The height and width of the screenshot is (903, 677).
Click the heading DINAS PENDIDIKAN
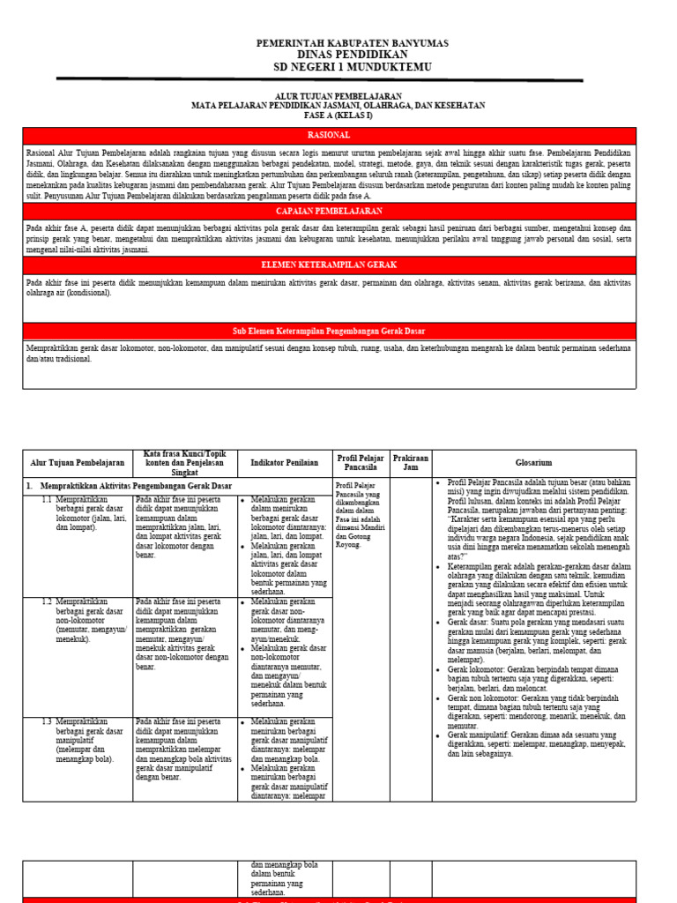coord(351,55)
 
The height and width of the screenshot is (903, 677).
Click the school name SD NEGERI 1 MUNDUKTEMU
coord(351,67)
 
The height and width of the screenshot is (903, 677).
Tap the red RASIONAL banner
coord(328,135)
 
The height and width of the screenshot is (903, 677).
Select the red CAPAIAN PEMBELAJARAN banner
coord(328,212)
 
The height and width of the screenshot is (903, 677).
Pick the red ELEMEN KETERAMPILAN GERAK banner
coord(328,265)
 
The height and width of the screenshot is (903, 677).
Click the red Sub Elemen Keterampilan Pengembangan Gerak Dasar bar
coord(328,331)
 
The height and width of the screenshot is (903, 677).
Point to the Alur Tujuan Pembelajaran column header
coord(78,462)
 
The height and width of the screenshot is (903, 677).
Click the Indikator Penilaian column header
coord(283,462)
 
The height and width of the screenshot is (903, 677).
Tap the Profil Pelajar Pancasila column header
coord(360,462)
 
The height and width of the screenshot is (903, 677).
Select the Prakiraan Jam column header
coord(411,462)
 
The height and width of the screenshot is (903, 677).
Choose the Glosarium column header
coord(533,462)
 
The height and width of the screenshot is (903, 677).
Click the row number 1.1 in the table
coord(48,500)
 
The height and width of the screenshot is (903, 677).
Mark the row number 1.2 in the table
coord(48,601)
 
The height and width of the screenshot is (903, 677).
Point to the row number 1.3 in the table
coord(48,722)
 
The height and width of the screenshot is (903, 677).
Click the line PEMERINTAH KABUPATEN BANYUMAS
coord(352,43)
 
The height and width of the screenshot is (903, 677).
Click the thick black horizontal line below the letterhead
coord(319,79)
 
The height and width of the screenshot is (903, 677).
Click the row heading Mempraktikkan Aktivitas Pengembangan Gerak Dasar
coord(134,486)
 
